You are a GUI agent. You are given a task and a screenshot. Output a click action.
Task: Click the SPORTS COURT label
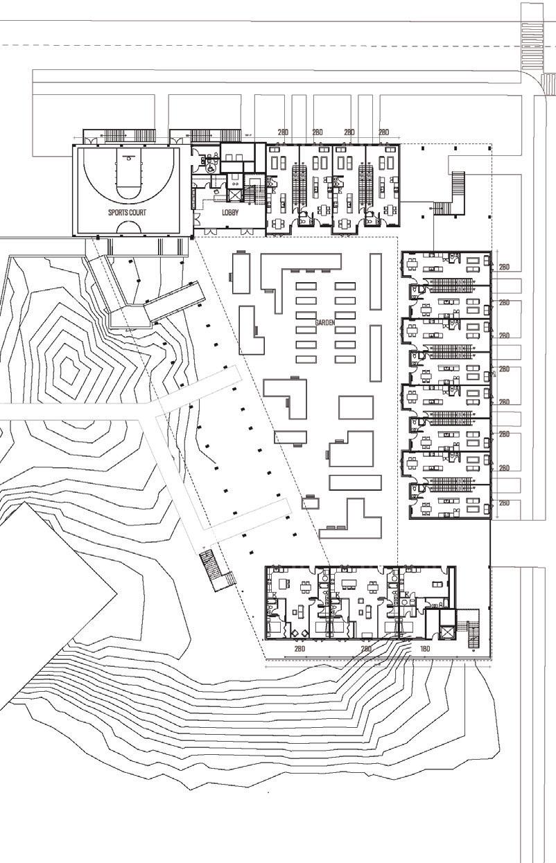coord(127,213)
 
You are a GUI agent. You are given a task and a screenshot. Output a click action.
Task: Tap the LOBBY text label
coord(230,213)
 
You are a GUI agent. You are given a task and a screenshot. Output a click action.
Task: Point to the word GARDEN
coord(325,323)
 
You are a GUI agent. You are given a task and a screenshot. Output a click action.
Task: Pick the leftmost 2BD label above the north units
coord(283,132)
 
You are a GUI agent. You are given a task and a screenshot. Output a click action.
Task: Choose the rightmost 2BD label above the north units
coord(384,132)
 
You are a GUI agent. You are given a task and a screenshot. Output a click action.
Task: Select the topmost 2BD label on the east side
coord(504,265)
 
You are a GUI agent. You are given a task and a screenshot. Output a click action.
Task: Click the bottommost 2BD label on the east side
coord(504,503)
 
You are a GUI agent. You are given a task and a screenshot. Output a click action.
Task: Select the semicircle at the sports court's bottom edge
coord(128,227)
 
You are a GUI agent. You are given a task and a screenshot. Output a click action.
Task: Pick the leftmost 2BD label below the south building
coord(299,649)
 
